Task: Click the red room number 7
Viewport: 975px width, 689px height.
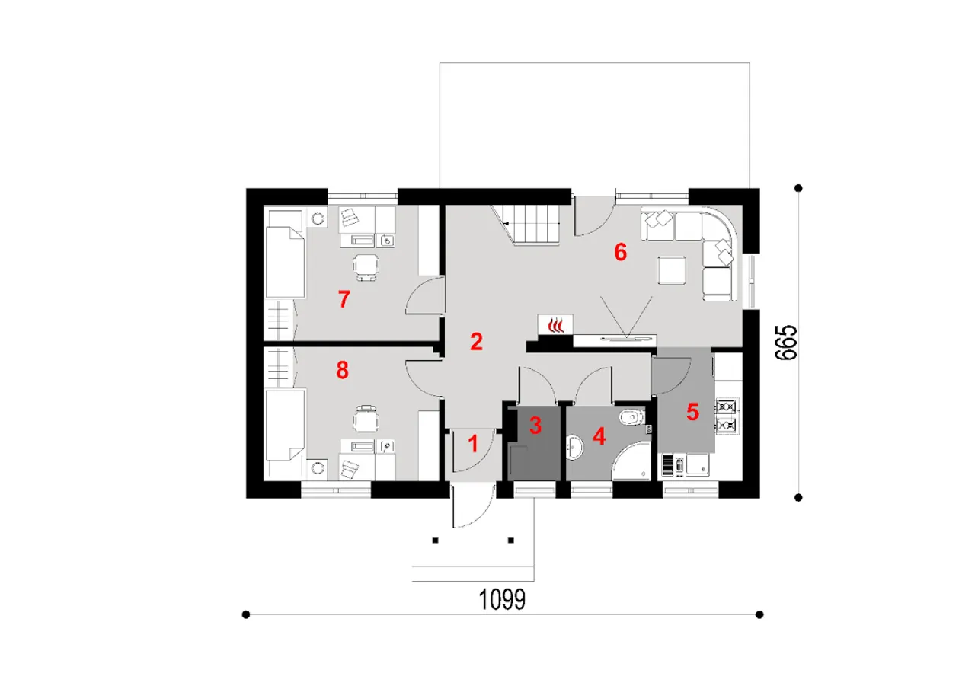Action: point(344,299)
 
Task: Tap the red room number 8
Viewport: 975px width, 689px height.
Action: point(343,371)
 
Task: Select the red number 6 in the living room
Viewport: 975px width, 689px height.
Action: point(620,252)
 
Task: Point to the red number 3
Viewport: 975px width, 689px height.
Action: point(535,426)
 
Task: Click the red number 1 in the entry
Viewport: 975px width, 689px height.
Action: point(473,444)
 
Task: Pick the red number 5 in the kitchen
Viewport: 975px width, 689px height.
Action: point(692,411)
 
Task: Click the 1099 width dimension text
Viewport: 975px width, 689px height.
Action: point(502,599)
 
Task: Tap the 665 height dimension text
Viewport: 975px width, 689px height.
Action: point(787,343)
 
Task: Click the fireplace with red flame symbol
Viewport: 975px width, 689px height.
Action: point(555,324)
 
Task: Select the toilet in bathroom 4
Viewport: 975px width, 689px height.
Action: point(631,417)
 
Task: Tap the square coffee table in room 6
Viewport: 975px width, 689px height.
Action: point(672,270)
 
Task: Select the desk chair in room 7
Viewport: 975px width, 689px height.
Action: point(366,266)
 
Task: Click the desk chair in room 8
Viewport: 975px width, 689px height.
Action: point(366,419)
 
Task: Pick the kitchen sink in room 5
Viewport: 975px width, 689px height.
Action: point(698,465)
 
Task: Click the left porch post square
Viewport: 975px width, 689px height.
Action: point(435,541)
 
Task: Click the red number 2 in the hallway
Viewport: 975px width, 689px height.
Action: point(476,342)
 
